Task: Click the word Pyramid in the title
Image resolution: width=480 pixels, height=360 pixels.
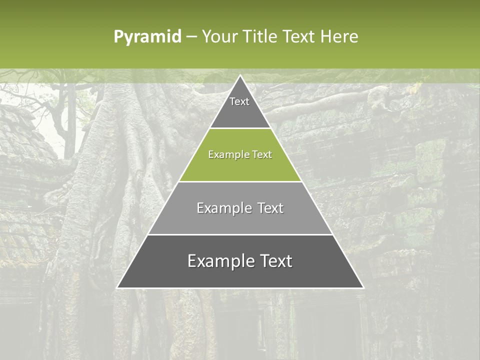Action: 147,36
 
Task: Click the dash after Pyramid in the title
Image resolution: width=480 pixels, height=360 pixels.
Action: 191,37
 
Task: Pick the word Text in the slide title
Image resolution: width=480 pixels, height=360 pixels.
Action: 299,36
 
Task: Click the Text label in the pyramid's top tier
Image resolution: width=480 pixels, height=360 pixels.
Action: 239,101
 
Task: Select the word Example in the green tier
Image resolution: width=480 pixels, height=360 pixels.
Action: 227,154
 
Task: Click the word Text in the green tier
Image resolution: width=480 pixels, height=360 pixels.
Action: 261,154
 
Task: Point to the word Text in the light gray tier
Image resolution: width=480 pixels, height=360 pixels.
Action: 269,208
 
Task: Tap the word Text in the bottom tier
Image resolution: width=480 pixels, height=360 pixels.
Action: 274,261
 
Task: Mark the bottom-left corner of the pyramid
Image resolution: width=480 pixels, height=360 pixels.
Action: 117,287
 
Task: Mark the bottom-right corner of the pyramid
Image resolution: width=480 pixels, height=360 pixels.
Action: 363,287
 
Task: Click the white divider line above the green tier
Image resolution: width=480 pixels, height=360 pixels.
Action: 240,128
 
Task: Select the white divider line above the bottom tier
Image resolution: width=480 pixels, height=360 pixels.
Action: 240,234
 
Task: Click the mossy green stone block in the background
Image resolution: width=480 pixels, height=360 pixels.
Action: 430,160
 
